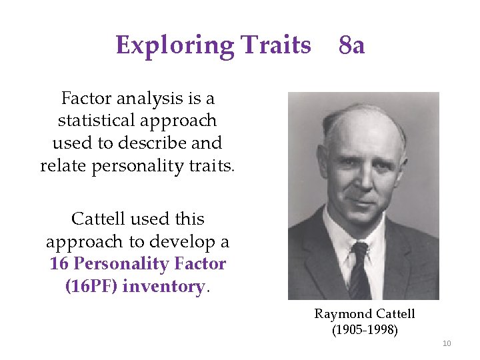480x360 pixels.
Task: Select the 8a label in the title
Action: (351, 45)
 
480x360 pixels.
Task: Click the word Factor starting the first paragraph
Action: (87, 99)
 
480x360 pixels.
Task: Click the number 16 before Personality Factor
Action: (59, 264)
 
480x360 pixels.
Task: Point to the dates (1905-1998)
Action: (365, 329)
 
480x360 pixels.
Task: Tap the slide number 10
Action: (447, 343)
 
